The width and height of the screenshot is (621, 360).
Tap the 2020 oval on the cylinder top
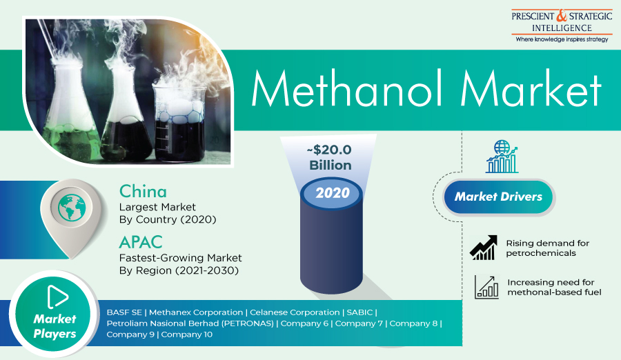pyautogui.click(x=332, y=193)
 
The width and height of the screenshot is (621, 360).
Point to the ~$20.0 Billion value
pyautogui.click(x=330, y=157)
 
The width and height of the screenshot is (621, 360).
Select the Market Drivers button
pyautogui.click(x=498, y=197)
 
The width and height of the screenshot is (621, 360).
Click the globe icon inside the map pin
pyautogui.click(x=72, y=208)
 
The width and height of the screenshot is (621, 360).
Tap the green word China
pyautogui.click(x=143, y=191)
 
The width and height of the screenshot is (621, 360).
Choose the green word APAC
pyautogui.click(x=141, y=242)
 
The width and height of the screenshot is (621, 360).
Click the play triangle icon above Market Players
pyautogui.click(x=58, y=297)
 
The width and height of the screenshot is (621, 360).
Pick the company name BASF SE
pyautogui.click(x=124, y=312)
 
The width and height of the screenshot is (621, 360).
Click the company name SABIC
pyautogui.click(x=359, y=312)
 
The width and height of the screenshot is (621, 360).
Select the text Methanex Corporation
pyautogui.click(x=196, y=312)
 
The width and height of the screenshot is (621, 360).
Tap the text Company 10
pyautogui.click(x=186, y=334)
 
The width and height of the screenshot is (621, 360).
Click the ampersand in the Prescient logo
pyautogui.click(x=562, y=16)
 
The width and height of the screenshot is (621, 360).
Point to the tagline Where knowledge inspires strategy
pyautogui.click(x=562, y=39)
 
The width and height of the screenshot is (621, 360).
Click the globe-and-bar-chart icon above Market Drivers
pyautogui.click(x=502, y=157)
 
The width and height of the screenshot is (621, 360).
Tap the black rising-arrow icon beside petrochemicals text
pyautogui.click(x=484, y=248)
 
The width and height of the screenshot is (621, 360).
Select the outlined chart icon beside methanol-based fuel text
pyautogui.click(x=486, y=287)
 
